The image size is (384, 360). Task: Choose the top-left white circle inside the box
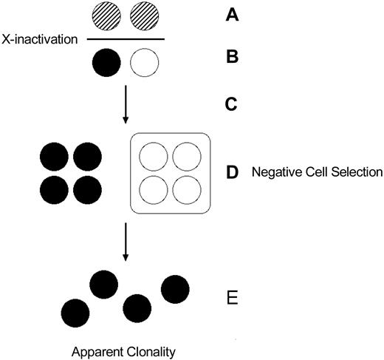tap(153, 157)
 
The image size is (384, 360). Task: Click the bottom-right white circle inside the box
tap(185, 189)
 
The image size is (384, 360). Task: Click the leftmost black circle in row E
tap(75, 313)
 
